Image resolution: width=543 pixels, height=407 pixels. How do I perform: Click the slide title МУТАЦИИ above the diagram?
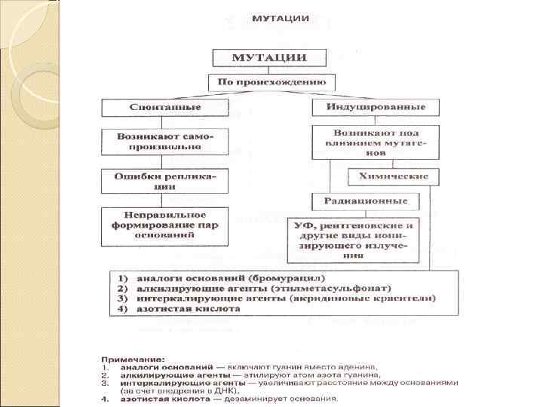click(279, 17)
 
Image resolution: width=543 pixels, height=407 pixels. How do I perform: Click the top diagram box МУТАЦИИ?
click(268, 58)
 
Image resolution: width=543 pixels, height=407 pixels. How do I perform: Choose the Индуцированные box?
click(375, 108)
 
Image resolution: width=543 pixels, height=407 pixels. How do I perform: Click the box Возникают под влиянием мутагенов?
click(375, 142)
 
